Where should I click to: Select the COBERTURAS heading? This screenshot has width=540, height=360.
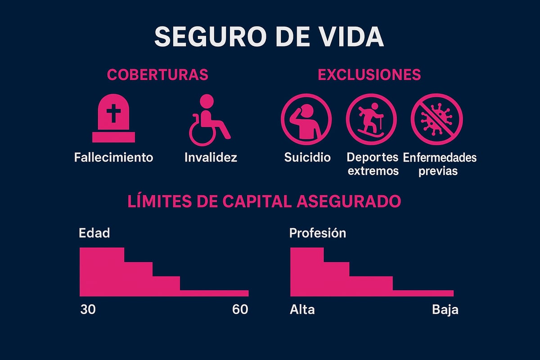(157, 74)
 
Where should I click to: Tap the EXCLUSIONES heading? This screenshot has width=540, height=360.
(369, 74)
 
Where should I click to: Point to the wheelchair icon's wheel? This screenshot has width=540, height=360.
(201, 133)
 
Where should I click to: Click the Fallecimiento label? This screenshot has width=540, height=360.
(113, 157)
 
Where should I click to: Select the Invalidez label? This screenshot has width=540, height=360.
(210, 157)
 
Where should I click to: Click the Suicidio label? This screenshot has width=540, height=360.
(307, 157)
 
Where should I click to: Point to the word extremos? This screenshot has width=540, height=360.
(373, 171)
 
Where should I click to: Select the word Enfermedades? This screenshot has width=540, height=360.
(440, 157)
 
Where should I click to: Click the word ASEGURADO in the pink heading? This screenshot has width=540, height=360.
(349, 202)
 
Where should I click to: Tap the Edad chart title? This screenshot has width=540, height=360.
(94, 233)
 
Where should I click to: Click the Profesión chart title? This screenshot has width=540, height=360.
(318, 233)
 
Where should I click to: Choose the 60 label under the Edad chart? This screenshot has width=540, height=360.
(240, 310)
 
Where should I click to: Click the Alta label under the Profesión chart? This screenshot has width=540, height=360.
(302, 310)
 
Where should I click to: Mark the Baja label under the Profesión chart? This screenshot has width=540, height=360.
(445, 310)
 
